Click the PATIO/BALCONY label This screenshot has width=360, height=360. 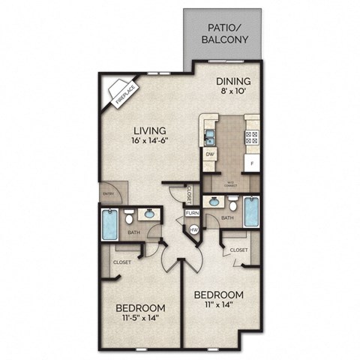pos(223,35)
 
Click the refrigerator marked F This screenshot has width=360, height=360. pos(252,162)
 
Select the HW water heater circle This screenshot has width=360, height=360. pos(193,229)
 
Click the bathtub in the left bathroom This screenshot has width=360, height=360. pos(109,223)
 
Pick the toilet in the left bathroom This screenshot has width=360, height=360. pos(130,218)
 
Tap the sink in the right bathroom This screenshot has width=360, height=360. pos(215,201)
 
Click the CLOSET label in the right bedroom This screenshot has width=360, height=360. pos(239,250)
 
